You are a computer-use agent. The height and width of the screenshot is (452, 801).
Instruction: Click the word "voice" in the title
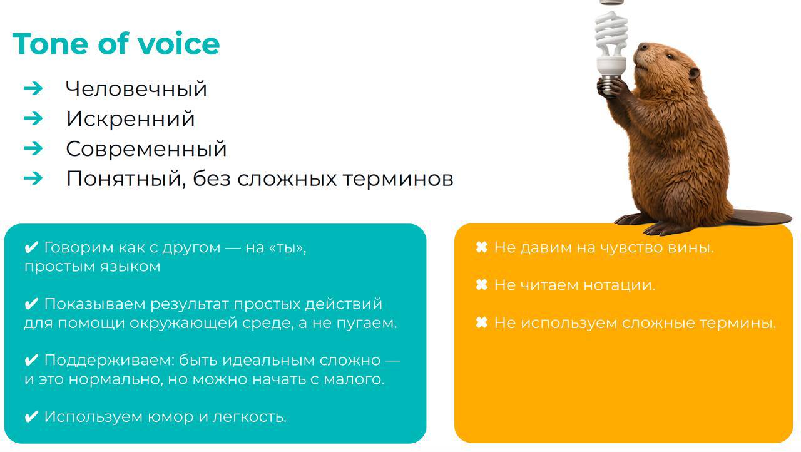(x=179, y=44)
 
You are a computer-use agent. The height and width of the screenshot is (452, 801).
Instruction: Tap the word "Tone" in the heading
(x=50, y=44)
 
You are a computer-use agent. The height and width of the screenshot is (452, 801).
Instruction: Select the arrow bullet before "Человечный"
(x=33, y=88)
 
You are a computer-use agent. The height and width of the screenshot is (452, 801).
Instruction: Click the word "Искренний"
(x=131, y=118)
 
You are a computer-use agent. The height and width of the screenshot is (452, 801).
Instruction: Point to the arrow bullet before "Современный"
(x=33, y=148)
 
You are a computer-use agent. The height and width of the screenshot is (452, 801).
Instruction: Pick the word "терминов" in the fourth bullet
(x=399, y=178)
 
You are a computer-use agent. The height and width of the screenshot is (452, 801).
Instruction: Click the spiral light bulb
(x=611, y=46)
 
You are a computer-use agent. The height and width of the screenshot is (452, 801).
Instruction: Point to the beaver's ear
(x=694, y=73)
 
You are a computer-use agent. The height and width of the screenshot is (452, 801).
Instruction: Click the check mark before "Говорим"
(x=31, y=247)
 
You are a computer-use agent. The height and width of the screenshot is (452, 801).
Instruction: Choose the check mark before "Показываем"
(x=31, y=304)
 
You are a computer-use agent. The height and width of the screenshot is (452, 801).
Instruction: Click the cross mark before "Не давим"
(x=482, y=247)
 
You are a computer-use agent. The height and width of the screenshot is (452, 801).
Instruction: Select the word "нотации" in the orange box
(x=620, y=285)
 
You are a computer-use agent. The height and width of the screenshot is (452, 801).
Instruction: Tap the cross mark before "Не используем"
(x=482, y=322)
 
